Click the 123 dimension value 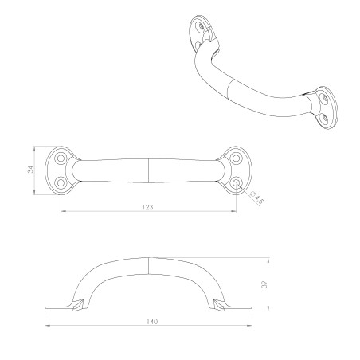tap(148, 207)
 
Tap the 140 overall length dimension tap(152, 322)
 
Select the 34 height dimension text tap(31, 169)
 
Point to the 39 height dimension tap(264, 285)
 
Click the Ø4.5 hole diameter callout tap(256, 198)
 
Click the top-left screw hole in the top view tap(61, 158)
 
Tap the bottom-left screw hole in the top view tap(61, 182)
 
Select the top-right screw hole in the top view tap(236, 158)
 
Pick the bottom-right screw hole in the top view tap(236, 182)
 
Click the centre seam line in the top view tap(148, 170)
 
